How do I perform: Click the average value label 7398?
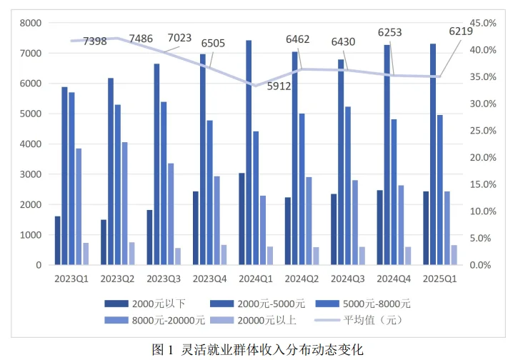pyautogui.click(x=95, y=41)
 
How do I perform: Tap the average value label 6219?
pyautogui.click(x=460, y=31)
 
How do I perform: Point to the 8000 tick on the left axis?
pyautogui.click(x=31, y=24)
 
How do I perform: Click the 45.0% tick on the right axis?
pyautogui.click(x=482, y=24)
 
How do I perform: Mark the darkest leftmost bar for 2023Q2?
pyautogui.click(x=104, y=242)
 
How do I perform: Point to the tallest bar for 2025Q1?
pyautogui.click(x=432, y=154)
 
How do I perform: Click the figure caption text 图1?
pyautogui.click(x=164, y=349)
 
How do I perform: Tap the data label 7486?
pyautogui.click(x=141, y=39)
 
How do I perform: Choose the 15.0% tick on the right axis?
pyautogui.click(x=482, y=185)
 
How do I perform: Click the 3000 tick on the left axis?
pyautogui.click(x=31, y=174)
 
